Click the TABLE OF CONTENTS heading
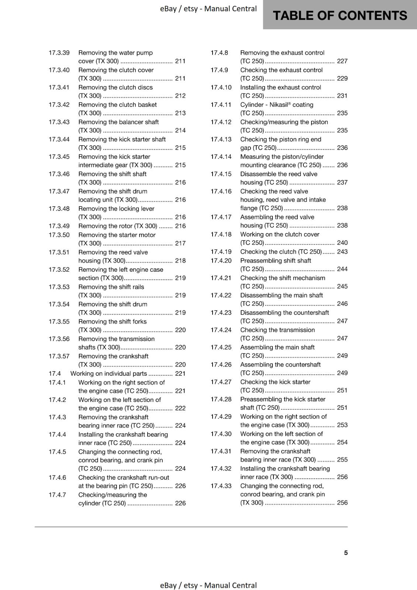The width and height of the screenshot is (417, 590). coord(340,15)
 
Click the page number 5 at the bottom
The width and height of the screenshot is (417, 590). coord(346,553)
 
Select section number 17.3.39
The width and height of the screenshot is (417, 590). coord(59,53)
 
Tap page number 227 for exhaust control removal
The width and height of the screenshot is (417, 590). coord(342,61)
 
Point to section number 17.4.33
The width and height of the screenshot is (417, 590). coord(221,486)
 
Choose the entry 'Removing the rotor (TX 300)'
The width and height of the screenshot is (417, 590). coord(118,226)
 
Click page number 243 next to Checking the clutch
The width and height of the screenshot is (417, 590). coord(342,252)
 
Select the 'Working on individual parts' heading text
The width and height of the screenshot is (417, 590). coord(108,374)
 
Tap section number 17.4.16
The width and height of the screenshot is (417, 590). coord(221,191)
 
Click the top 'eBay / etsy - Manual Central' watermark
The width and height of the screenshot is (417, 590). coord(208,9)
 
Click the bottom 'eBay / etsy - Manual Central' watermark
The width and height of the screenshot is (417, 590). coord(208,585)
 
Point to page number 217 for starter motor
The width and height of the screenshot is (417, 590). coord(180,243)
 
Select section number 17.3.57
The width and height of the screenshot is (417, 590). coord(59,356)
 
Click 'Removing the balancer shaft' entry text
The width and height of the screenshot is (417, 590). coord(118,122)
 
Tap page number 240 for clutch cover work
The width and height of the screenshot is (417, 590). coord(342,243)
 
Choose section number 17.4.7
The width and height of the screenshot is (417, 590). coord(57,495)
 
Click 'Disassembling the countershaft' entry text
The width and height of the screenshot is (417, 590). coord(285,313)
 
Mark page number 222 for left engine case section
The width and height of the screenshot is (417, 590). coord(180,408)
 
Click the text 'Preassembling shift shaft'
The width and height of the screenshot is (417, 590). coord(276,261)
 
